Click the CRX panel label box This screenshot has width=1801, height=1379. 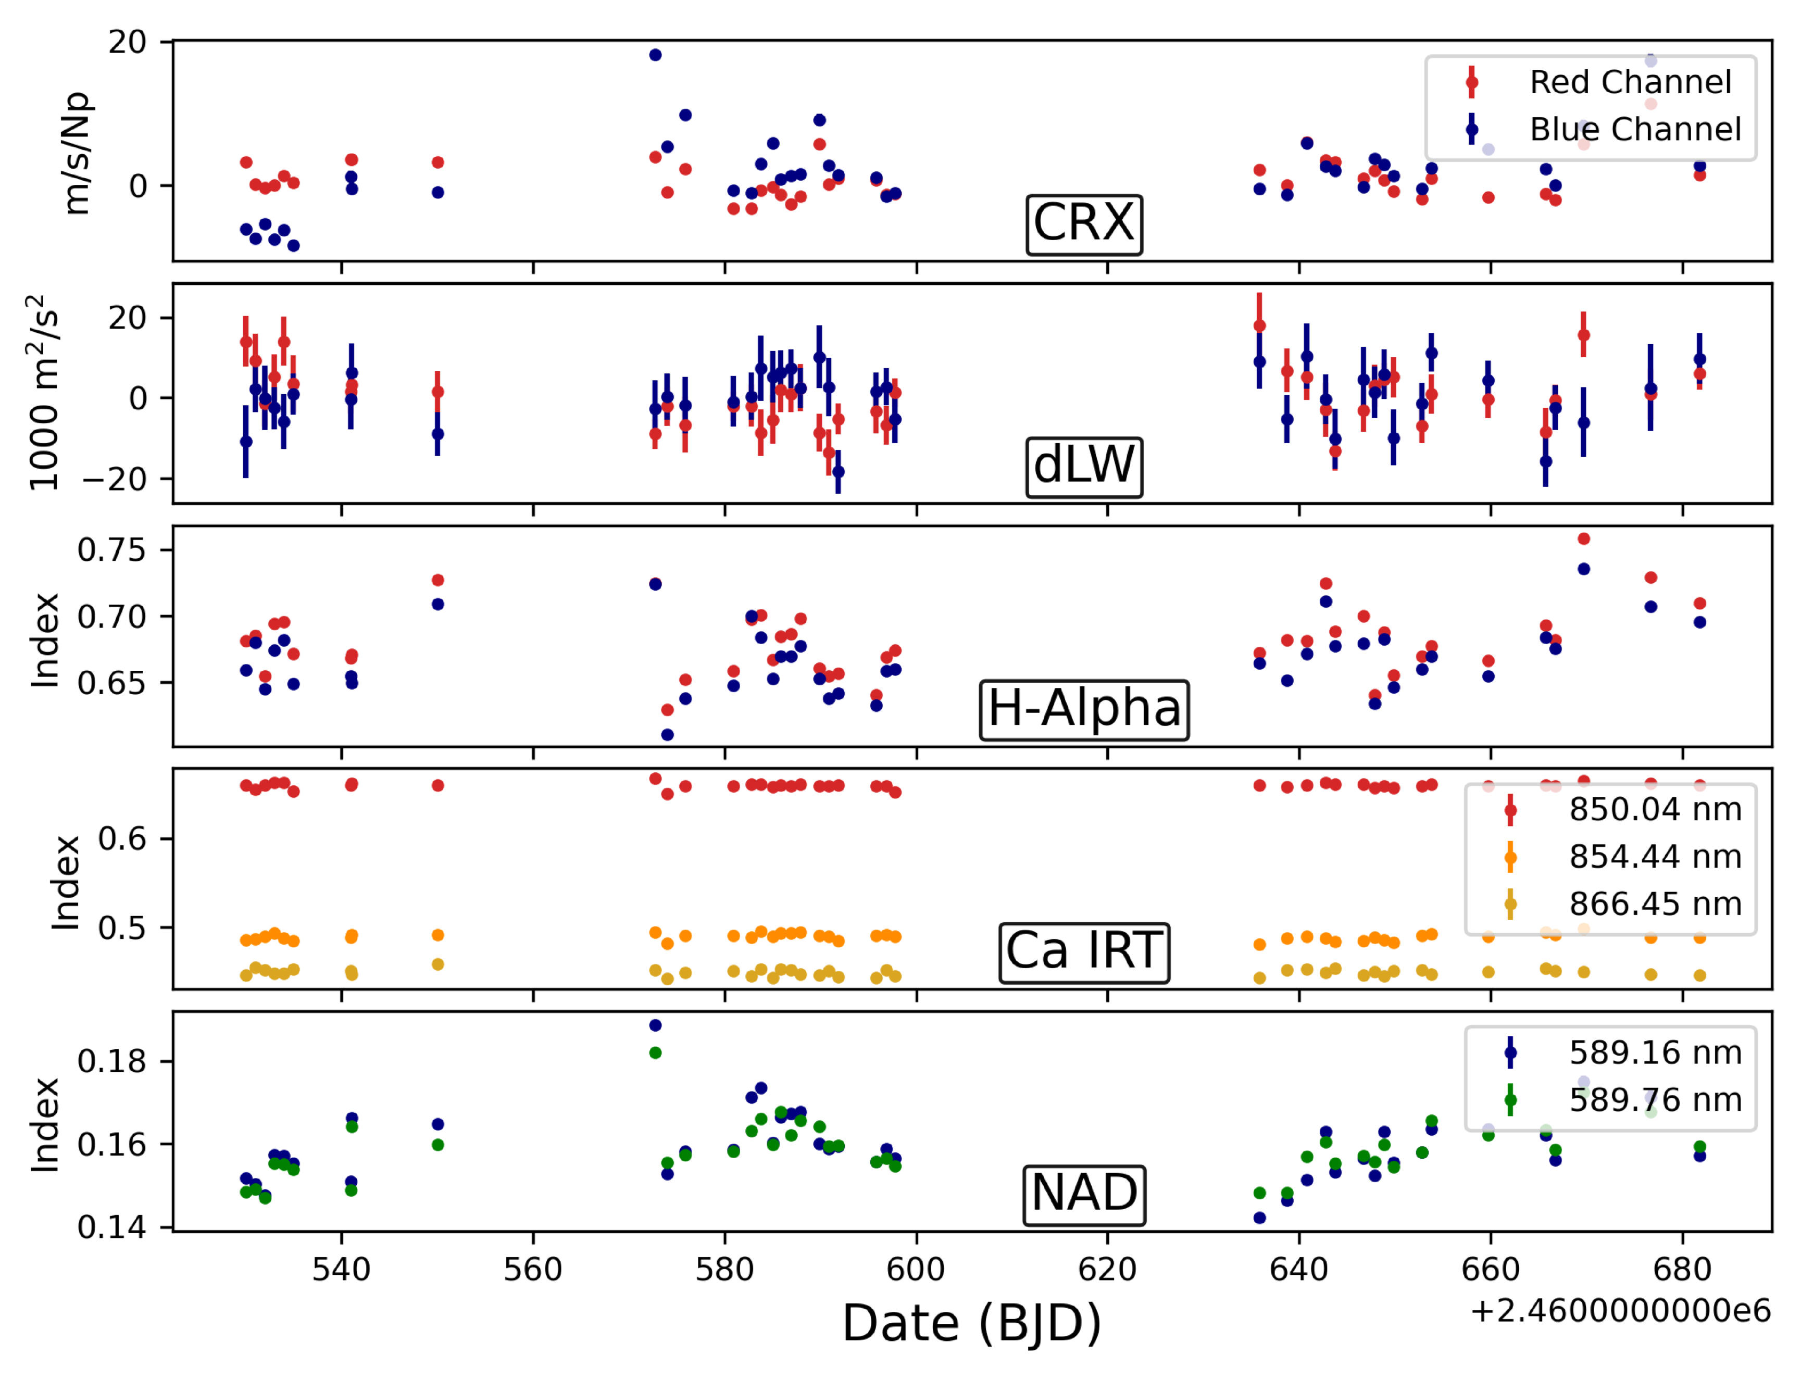click(x=1083, y=224)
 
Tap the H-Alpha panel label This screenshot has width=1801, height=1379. click(x=1083, y=709)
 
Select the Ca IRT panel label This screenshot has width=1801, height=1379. click(x=1083, y=952)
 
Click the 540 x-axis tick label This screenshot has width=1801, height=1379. click(x=342, y=1271)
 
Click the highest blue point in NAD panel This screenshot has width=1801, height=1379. click(x=655, y=1026)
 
